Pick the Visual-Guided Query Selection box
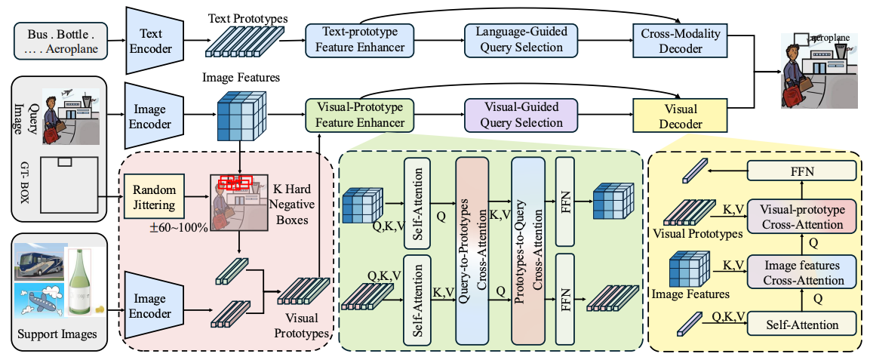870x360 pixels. tap(520, 114)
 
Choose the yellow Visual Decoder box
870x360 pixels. tap(681, 114)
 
